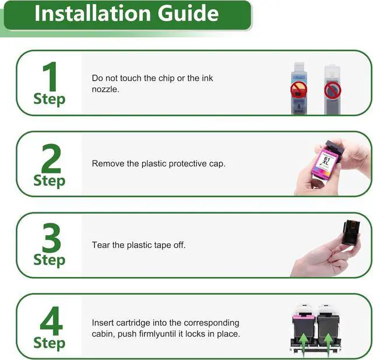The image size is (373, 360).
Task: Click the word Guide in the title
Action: click(188, 13)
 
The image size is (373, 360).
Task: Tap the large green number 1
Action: click(51, 76)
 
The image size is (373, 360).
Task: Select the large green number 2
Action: click(51, 158)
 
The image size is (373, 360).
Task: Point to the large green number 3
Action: click(51, 237)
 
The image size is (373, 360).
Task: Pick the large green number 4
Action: click(51, 321)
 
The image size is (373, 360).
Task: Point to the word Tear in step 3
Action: click(101, 244)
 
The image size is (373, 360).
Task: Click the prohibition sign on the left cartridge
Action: click(299, 89)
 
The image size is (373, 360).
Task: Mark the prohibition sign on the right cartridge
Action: click(333, 90)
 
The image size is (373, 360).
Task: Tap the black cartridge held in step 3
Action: click(351, 232)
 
